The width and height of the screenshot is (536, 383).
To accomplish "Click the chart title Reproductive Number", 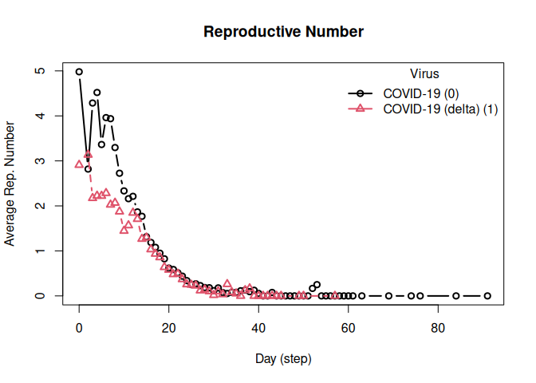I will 283,33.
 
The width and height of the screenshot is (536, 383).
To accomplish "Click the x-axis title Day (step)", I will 283,358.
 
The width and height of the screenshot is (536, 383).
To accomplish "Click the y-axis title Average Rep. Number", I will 10,184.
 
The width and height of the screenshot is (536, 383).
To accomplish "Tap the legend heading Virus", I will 423,74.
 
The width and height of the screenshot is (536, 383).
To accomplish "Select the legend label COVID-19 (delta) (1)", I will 440,109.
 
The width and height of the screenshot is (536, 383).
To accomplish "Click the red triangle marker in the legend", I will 361,109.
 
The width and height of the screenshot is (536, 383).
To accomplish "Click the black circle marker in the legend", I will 361,93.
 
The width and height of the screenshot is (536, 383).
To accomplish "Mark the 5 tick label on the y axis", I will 37,71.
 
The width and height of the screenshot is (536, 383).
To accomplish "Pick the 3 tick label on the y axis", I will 37,161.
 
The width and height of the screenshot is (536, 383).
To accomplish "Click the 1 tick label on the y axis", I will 37,251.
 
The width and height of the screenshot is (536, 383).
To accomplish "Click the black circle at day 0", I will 79,72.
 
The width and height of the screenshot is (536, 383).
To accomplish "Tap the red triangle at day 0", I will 79,164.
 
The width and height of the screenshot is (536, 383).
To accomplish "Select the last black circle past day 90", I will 487,296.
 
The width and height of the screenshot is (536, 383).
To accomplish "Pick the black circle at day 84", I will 456,296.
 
